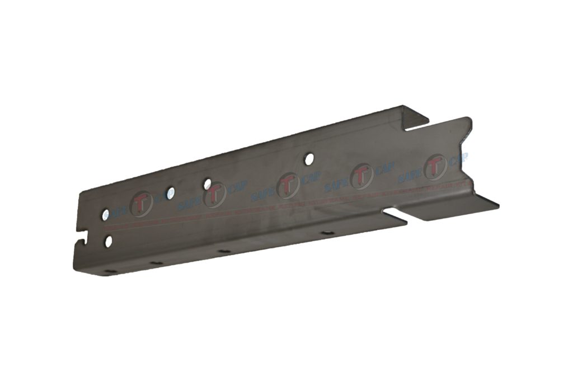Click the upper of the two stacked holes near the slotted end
(105, 214)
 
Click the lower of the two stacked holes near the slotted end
(109, 241)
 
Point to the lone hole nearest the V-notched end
(307, 159)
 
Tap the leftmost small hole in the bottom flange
(111, 272)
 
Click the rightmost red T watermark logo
(435, 168)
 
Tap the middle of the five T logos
(287, 185)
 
